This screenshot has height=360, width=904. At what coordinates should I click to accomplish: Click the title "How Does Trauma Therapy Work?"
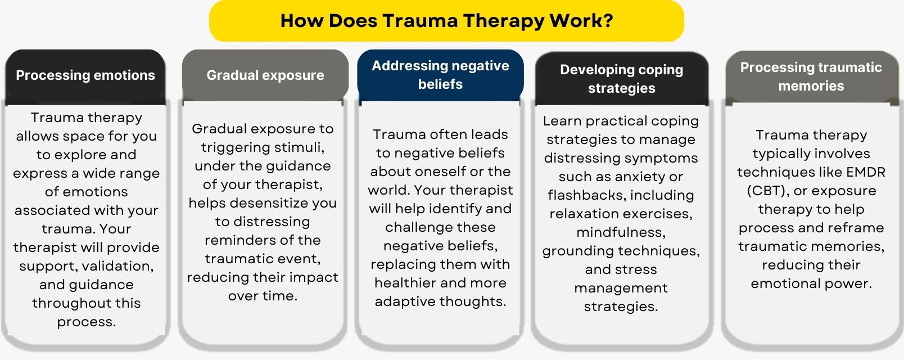point(446,21)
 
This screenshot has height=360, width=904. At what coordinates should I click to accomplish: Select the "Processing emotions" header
point(85,75)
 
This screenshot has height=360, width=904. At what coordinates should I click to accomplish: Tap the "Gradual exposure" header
point(265,75)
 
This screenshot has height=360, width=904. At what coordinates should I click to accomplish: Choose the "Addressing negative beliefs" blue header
point(440,75)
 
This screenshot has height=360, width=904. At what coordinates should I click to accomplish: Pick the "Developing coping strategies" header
point(621,79)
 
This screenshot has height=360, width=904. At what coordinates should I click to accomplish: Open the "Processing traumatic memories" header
point(811,76)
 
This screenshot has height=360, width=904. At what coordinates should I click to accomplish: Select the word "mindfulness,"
point(621,232)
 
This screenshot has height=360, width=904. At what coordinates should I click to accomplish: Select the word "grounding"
point(577,251)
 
